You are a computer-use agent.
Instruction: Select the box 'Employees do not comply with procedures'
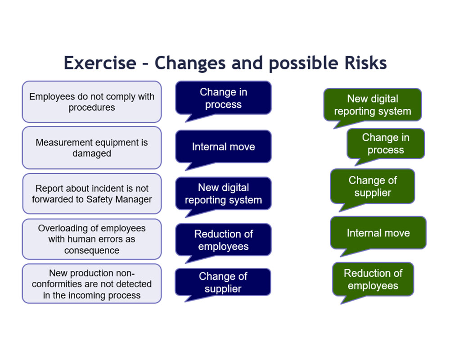tap(92, 102)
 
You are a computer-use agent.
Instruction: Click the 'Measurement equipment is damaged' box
tap(92, 148)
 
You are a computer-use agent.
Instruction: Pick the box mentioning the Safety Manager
tap(92, 193)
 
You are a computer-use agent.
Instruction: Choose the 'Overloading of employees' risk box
tap(92, 239)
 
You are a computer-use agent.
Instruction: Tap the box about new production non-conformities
tap(92, 284)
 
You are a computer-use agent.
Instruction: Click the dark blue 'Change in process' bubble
tap(223, 98)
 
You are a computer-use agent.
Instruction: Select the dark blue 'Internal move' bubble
tap(223, 147)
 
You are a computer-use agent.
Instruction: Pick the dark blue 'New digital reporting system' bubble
tap(223, 193)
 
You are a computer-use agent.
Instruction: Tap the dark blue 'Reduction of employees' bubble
tap(223, 240)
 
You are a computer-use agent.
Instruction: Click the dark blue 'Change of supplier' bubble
tap(223, 282)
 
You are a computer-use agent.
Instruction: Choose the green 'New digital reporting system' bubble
tap(373, 105)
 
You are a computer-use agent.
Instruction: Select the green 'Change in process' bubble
tap(386, 144)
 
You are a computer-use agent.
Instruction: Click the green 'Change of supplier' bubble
tap(373, 186)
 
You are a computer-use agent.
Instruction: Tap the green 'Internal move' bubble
tap(378, 233)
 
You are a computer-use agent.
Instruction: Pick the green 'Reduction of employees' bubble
tap(373, 279)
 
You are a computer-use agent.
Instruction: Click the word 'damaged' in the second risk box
tap(92, 153)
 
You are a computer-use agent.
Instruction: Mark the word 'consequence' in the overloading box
tap(92, 251)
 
